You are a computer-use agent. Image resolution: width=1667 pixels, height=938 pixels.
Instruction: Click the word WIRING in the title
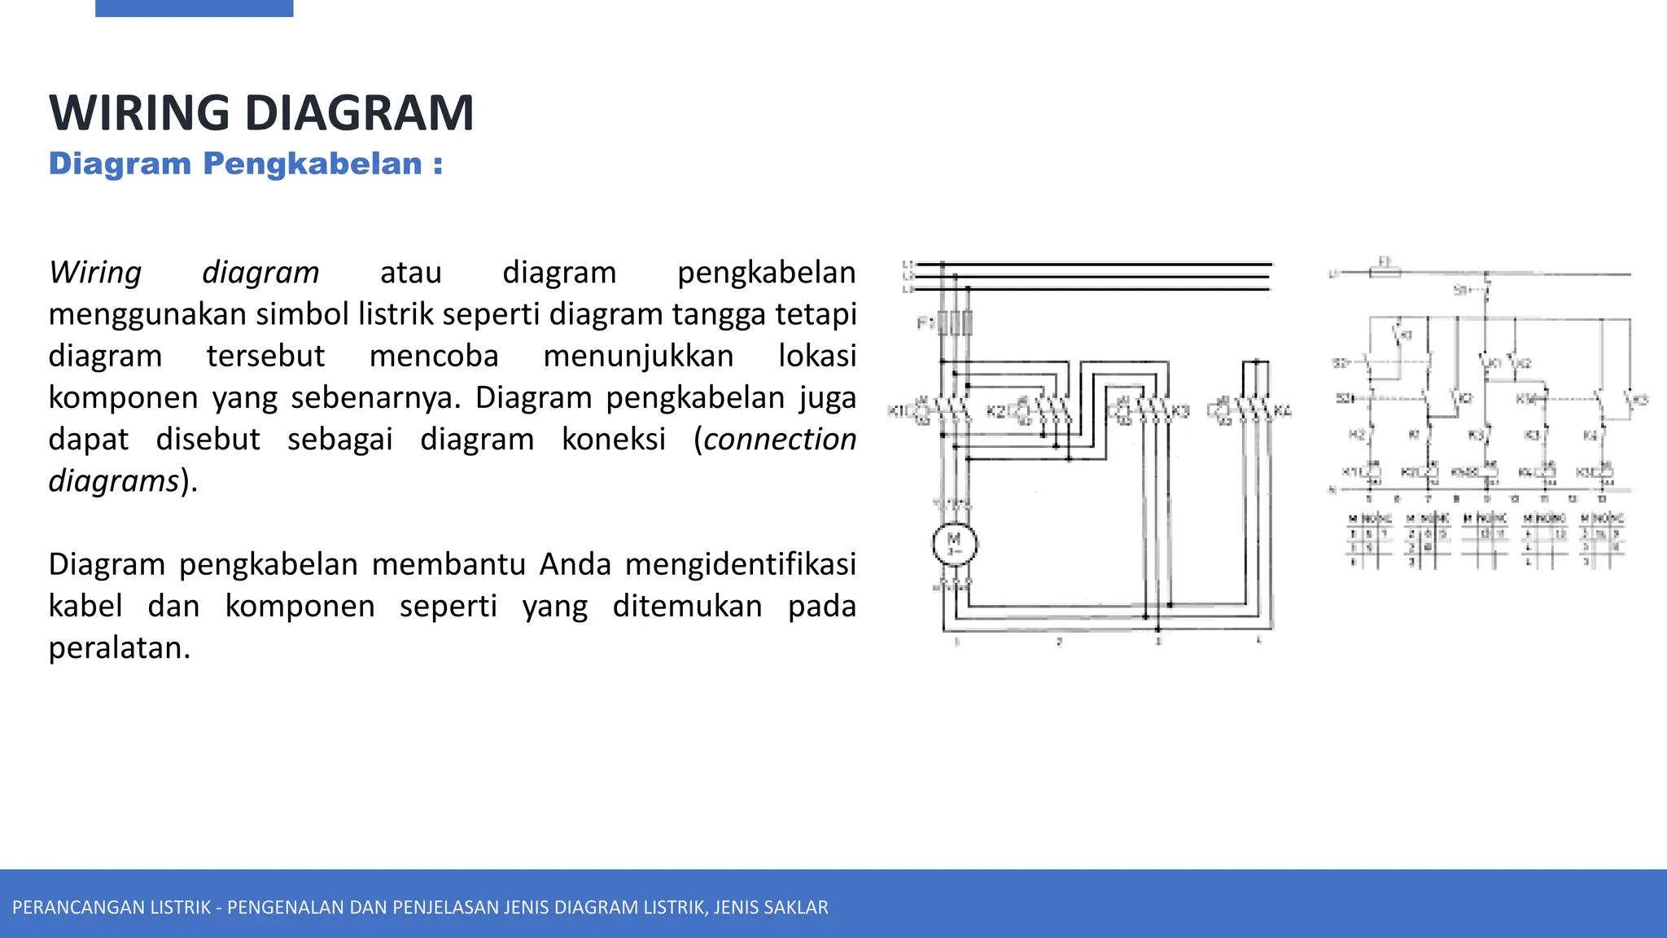tap(139, 113)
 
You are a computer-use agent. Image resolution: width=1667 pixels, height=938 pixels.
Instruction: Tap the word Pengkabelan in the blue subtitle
tap(313, 164)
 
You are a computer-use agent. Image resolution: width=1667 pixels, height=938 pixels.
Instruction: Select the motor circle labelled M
tap(954, 544)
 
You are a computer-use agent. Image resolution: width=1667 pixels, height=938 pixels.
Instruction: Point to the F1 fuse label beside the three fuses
tap(925, 323)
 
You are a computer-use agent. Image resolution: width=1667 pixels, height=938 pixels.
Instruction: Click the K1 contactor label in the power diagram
tap(896, 411)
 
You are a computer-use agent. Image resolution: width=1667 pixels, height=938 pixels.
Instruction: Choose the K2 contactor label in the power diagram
tap(995, 411)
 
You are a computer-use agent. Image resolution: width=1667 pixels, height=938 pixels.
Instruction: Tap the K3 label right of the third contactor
tap(1180, 411)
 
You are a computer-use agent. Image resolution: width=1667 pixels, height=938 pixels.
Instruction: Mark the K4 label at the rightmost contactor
tap(1282, 410)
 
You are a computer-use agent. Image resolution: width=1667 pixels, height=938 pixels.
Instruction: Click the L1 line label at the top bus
tap(908, 265)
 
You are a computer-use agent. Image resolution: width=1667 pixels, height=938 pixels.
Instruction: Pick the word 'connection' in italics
tap(780, 439)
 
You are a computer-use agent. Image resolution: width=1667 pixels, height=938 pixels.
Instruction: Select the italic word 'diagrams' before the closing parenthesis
tap(114, 480)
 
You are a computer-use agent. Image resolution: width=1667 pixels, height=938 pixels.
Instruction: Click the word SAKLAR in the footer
tap(799, 907)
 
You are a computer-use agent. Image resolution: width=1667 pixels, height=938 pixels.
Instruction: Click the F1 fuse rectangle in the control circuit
tap(1385, 273)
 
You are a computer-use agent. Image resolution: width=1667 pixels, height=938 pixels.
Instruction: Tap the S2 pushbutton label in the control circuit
tap(1340, 363)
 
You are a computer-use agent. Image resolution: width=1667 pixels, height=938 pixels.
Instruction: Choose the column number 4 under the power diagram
tap(1258, 641)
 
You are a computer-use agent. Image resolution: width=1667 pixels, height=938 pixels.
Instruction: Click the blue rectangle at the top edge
tap(194, 8)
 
